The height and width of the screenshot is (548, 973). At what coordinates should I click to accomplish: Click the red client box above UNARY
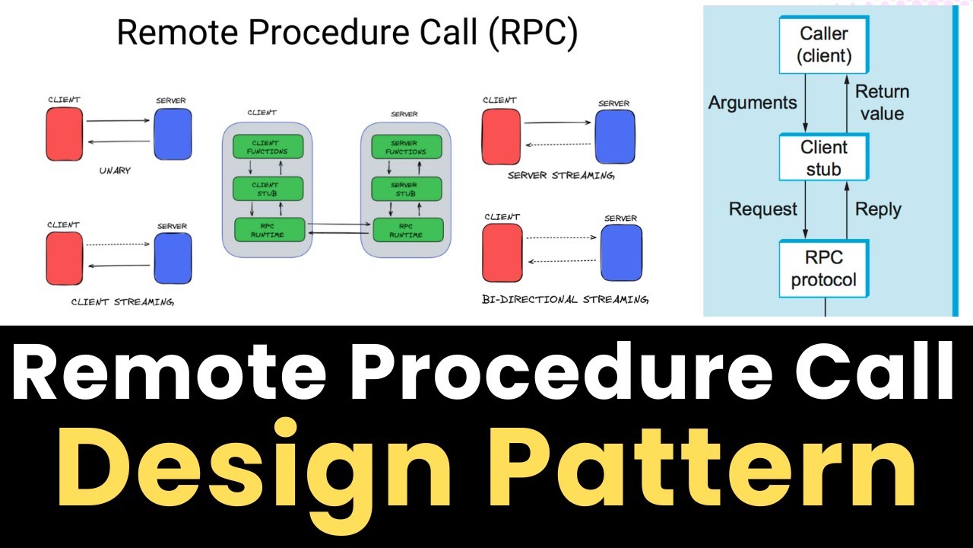coord(65,134)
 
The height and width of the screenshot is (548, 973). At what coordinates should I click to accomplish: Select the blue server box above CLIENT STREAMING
coord(173,258)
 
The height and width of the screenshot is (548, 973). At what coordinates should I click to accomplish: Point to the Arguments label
coord(753,103)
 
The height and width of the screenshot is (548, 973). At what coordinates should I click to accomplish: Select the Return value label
coord(882,103)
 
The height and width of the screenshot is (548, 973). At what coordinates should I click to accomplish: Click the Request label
coord(763,209)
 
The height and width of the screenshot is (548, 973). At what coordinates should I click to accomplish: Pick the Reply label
coord(878,209)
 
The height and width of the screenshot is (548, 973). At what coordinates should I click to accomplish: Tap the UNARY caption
coord(115,171)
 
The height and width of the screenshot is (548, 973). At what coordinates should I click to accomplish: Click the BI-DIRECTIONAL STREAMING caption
coord(566,300)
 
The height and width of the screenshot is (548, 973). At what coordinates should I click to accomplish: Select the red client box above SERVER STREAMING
coord(501,137)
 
